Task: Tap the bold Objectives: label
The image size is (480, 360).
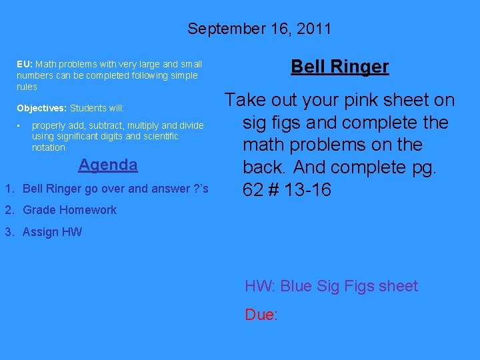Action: (x=42, y=108)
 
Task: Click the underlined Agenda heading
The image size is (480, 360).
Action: (x=108, y=165)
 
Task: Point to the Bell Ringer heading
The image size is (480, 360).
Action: (x=340, y=67)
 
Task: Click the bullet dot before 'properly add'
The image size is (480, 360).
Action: (x=21, y=125)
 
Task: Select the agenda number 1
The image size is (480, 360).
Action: (x=9, y=189)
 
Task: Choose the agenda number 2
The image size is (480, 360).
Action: (x=9, y=210)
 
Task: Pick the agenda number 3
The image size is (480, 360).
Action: (x=9, y=232)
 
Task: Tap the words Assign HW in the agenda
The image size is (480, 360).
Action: (x=52, y=232)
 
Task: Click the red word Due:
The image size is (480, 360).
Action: (x=261, y=315)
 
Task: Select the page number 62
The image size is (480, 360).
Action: (x=252, y=190)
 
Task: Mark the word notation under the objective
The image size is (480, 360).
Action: (x=49, y=147)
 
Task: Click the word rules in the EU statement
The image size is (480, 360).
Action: (x=27, y=87)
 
